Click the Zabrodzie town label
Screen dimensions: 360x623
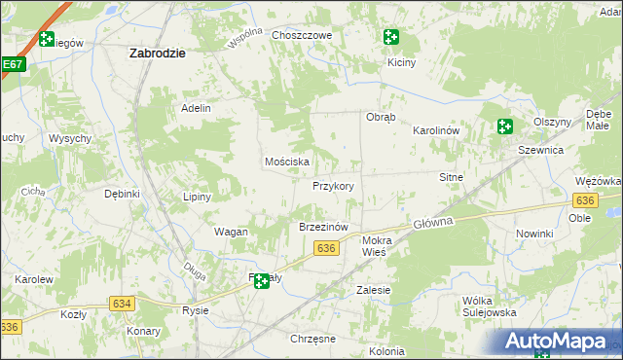click(158, 54)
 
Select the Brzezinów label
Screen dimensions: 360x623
click(322, 227)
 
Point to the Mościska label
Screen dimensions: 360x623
click(287, 162)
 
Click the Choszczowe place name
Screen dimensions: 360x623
click(303, 35)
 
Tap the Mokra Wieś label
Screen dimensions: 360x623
click(375, 245)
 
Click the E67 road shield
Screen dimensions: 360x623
click(12, 65)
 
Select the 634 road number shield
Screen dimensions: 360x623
click(122, 304)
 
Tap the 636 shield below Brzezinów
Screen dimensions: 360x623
click(326, 249)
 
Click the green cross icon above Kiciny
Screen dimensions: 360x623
click(390, 38)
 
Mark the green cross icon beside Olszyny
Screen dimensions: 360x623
click(504, 126)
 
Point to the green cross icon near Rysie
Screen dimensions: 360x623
click(261, 282)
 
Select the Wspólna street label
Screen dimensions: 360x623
click(245, 37)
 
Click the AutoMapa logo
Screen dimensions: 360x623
click(560, 342)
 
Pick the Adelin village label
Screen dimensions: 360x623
click(196, 108)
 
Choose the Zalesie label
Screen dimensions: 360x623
click(373, 290)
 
